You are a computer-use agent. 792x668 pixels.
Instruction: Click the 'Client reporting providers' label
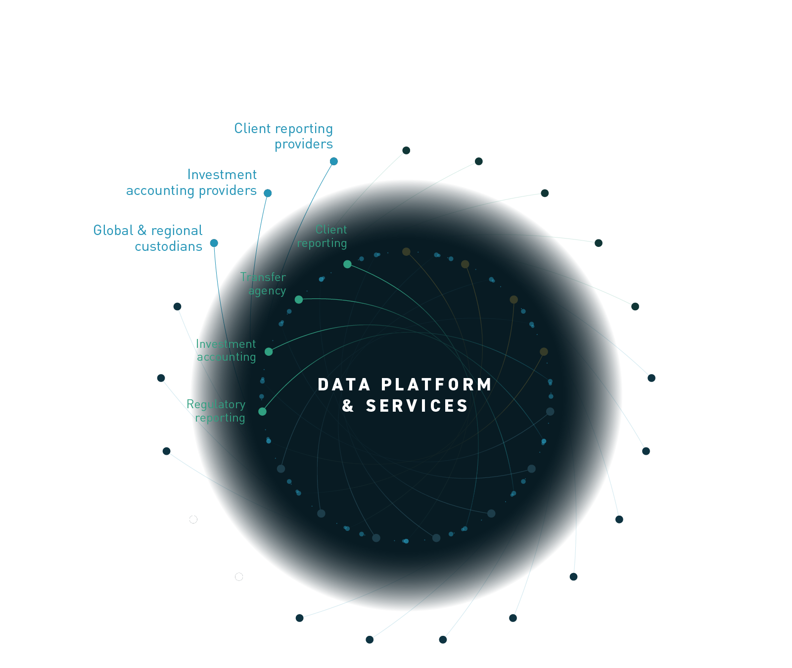[x=283, y=136]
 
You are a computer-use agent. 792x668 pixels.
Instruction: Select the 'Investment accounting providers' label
[x=191, y=183]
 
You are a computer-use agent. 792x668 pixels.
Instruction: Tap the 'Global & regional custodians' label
[x=148, y=238]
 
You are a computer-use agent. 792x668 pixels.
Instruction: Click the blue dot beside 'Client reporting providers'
[x=334, y=161]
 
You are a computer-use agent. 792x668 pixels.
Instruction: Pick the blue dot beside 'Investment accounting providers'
[x=268, y=193]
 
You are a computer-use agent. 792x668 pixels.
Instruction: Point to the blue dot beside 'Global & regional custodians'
[x=214, y=243]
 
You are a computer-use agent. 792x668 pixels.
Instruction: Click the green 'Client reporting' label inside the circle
[x=322, y=236]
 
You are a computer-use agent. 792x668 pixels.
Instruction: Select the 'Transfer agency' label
[x=263, y=284]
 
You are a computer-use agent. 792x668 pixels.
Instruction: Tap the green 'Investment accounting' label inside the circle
[x=226, y=350]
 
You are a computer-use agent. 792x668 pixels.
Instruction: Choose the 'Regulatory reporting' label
[x=216, y=411]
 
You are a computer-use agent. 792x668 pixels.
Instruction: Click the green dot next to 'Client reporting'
[x=347, y=264]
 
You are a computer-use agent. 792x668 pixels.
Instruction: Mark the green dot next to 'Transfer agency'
[x=299, y=299]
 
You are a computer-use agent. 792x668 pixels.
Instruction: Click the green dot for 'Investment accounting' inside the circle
[x=269, y=352]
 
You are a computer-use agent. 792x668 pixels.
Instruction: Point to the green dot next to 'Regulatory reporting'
[x=262, y=411]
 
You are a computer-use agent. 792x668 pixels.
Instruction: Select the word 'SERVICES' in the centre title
[x=417, y=406]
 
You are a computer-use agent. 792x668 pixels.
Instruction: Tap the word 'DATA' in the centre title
[x=344, y=384]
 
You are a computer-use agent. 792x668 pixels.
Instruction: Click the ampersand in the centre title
[x=348, y=406]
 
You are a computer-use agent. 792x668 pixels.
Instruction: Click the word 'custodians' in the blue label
[x=168, y=246]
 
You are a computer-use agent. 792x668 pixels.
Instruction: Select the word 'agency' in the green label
[x=267, y=291]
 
